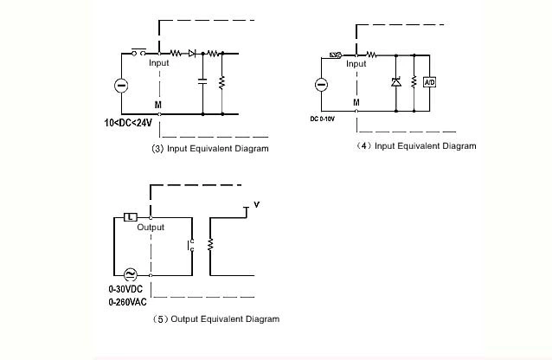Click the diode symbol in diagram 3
point(192,54)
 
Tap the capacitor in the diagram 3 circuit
point(202,83)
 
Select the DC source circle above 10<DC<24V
point(122,85)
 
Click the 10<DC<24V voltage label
point(128,123)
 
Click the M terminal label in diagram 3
point(157,105)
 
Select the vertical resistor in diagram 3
point(222,83)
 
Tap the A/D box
point(429,81)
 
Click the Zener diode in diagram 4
point(395,82)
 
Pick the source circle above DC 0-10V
point(320,85)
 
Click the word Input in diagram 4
point(356,64)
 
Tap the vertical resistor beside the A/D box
point(414,82)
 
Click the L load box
point(129,216)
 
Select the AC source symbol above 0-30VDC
point(132,274)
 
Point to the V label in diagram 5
point(256,205)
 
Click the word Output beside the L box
point(151,228)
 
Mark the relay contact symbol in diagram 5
point(190,246)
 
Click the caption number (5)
point(159,319)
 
